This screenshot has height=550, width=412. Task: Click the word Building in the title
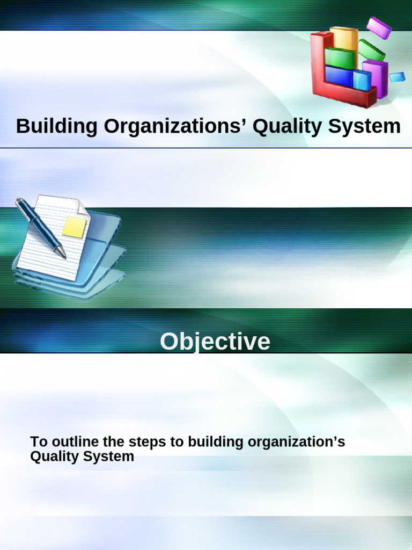coord(56,127)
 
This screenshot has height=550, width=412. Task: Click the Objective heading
coord(215,342)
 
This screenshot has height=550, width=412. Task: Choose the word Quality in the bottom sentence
coord(52,457)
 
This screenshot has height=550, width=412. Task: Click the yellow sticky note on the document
coord(74,227)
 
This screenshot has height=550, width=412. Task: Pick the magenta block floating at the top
coord(379,28)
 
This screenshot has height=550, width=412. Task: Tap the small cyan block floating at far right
coord(397,77)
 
